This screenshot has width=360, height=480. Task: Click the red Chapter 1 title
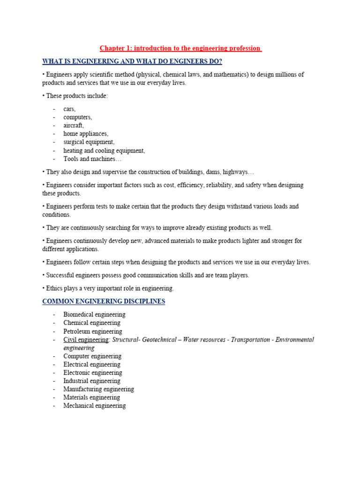[180, 48]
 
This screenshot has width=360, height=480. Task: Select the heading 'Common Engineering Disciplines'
[104, 301]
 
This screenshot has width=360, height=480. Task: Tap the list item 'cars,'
[69, 109]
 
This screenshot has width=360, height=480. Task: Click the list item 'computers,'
[78, 117]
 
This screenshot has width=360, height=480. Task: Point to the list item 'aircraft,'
[74, 126]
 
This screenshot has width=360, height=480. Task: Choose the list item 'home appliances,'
[86, 134]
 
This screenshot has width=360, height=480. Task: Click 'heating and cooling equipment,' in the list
[104, 150]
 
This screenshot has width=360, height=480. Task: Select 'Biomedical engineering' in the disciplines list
[94, 315]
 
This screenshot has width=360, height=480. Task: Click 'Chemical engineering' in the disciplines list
[92, 323]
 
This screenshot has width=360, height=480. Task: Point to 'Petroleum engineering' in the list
[93, 331]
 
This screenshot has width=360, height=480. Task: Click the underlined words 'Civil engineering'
[86, 340]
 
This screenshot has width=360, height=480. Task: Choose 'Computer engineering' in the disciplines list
[92, 356]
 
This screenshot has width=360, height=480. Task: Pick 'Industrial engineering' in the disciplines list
[92, 381]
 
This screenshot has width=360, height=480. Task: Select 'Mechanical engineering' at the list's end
[95, 406]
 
